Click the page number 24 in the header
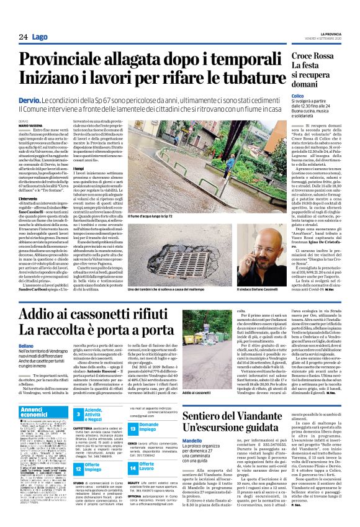click(22, 37)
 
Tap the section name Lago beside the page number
click(39, 37)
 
